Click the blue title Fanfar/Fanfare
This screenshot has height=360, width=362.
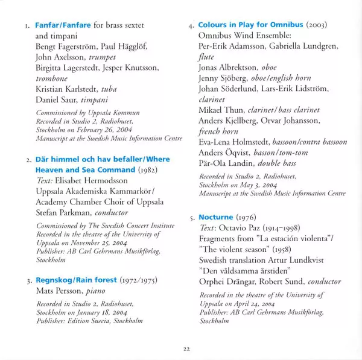(63, 26)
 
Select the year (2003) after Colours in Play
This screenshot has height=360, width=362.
(316, 26)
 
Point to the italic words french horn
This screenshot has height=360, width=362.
(218, 131)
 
